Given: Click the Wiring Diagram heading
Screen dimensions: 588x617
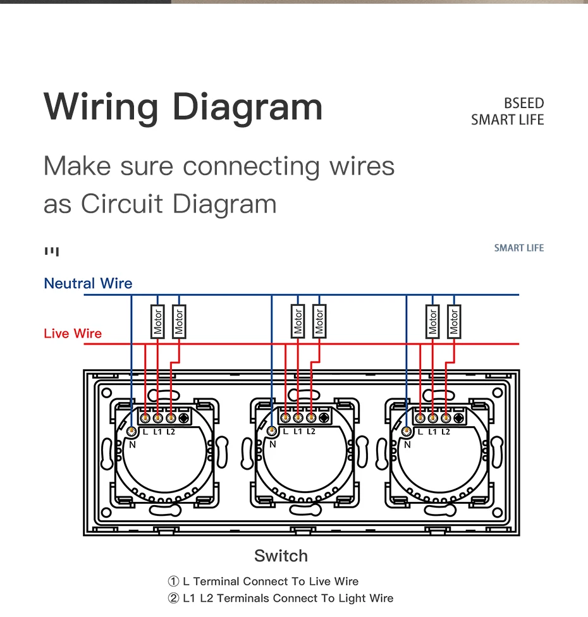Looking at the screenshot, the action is click(x=183, y=107).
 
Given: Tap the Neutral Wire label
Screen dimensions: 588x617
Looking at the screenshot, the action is click(x=88, y=283).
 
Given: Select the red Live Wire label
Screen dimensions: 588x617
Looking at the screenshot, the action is click(x=73, y=334).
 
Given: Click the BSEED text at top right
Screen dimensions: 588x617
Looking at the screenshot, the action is click(x=524, y=103).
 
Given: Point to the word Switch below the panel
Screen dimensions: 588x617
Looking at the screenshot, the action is click(x=281, y=556).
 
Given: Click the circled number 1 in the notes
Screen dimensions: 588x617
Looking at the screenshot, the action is click(x=173, y=581).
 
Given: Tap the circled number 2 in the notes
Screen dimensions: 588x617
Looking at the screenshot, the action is click(x=173, y=598).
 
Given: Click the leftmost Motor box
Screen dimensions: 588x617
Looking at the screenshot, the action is click(x=157, y=322).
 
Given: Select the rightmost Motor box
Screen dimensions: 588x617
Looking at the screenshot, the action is click(x=454, y=322).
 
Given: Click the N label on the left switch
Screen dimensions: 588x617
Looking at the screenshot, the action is click(x=132, y=444).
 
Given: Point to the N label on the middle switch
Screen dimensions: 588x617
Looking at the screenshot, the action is click(x=273, y=444).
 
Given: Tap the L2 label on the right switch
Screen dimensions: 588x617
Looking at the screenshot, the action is click(x=446, y=432).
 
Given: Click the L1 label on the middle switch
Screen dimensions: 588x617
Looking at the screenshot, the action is click(x=298, y=431).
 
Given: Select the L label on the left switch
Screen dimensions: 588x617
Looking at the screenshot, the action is click(x=145, y=432).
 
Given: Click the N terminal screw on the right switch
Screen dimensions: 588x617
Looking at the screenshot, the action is click(x=406, y=432).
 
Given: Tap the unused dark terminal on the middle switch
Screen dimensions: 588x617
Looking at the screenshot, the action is click(x=324, y=417).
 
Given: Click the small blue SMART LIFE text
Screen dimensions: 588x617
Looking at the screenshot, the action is click(x=519, y=248).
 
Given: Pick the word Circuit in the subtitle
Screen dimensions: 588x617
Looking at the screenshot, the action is click(x=121, y=204).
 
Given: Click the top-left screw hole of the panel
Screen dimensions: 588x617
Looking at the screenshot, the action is click(x=106, y=393).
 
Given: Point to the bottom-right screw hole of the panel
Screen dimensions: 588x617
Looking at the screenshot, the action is click(x=498, y=512).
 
